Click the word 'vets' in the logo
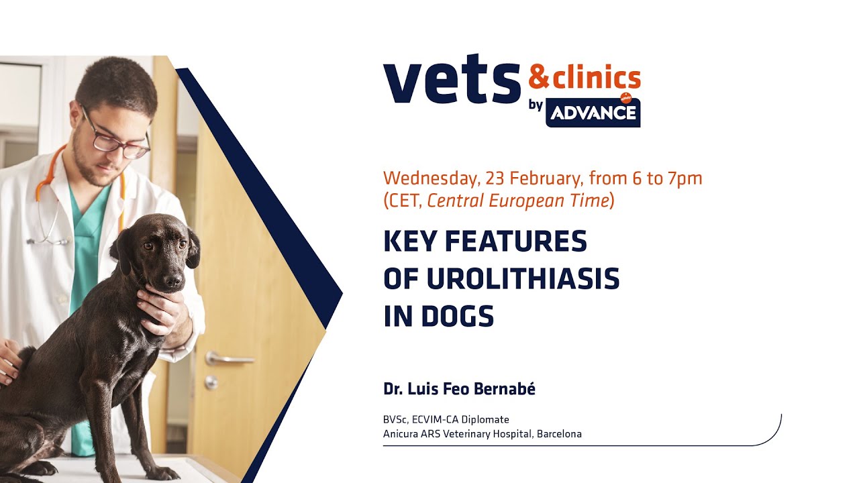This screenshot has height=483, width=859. [x=452, y=83]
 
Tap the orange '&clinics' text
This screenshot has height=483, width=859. [x=584, y=78]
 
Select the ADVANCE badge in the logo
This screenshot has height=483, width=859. [x=593, y=113]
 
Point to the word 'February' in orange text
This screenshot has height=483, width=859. [x=546, y=179]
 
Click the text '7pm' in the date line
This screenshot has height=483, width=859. [x=685, y=179]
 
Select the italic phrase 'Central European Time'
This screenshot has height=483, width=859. [x=517, y=201]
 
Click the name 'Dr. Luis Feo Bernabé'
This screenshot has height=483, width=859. [x=459, y=389]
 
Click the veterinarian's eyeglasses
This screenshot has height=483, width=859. [x=117, y=139]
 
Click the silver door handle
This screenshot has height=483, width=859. [x=228, y=360]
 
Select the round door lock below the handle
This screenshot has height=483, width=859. [x=211, y=383]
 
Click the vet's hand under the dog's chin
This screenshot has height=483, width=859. [x=158, y=309]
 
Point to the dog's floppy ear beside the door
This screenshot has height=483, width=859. [x=193, y=249]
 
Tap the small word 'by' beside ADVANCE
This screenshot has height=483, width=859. [x=536, y=105]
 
